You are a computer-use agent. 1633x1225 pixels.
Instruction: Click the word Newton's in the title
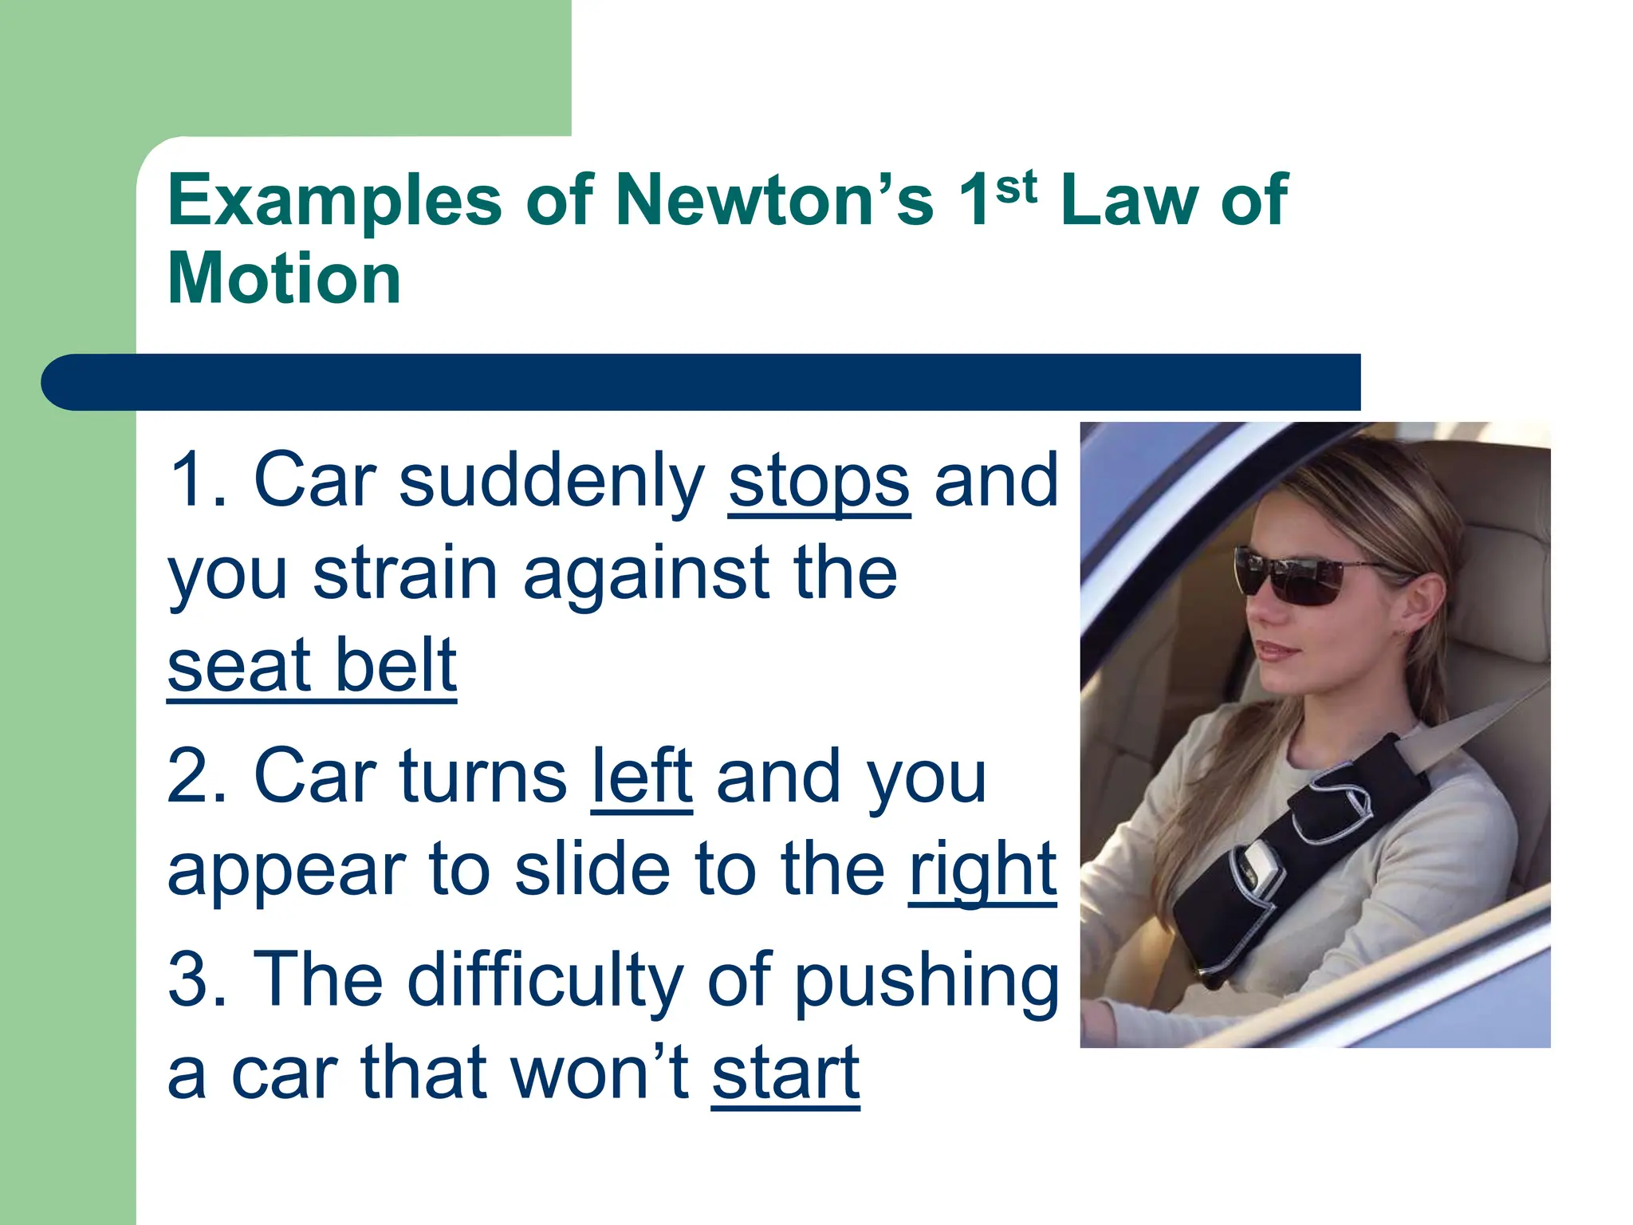(773, 201)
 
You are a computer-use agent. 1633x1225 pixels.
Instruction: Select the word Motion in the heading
(284, 279)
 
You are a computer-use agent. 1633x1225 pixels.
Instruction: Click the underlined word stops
(819, 482)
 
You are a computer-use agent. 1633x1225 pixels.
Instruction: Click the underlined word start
(785, 1073)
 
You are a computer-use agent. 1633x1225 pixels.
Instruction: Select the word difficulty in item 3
(546, 979)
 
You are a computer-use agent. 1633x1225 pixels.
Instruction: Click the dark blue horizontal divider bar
(702, 382)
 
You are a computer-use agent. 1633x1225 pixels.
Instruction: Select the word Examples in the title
(335, 201)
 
